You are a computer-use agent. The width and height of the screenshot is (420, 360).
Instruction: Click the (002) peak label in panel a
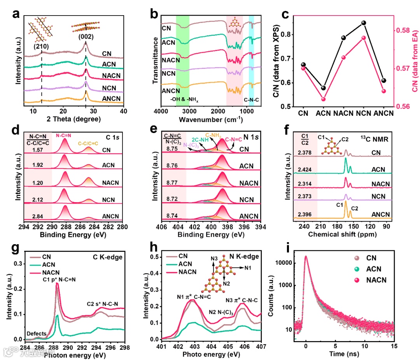[86, 37]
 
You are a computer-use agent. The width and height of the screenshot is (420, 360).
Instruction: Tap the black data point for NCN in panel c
[364, 23]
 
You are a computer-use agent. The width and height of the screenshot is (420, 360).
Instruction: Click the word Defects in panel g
[36, 333]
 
